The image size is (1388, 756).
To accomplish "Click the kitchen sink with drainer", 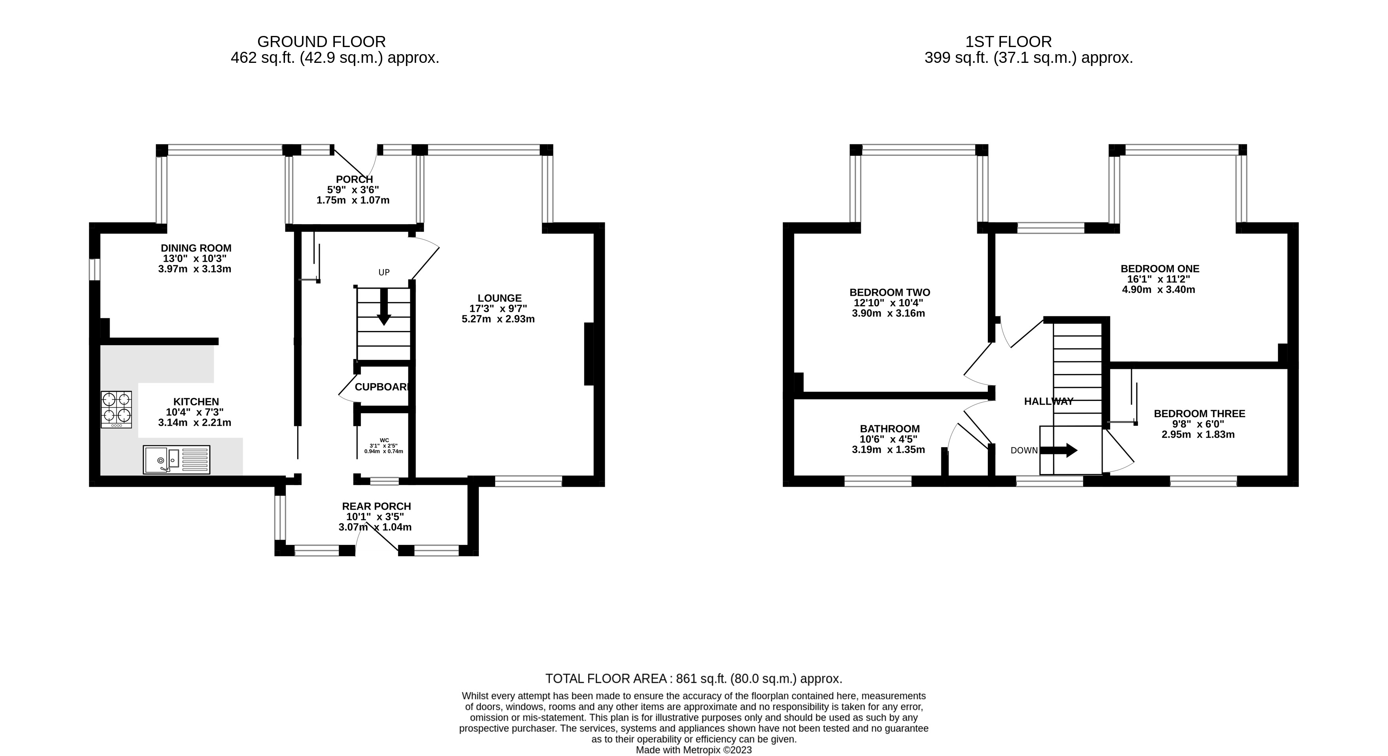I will coord(176,459).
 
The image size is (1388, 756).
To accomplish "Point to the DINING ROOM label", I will coord(196,248).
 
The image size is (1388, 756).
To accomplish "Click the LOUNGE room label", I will coord(499,298).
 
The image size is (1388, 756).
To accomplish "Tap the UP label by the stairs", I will coord(384,272).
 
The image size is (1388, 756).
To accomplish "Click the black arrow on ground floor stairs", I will coord(384,308).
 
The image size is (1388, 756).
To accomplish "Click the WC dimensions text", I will coord(384,448).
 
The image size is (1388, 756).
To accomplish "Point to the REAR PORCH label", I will coord(376,507).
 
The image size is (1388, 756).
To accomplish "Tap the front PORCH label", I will coord(354,179).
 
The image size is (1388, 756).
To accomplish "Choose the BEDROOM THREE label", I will coord(1200,414).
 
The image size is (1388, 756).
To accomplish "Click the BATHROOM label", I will coord(890,429).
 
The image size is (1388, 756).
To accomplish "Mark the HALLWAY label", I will coord(1048,401).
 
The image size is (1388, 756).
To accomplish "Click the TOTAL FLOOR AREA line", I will coord(693,679).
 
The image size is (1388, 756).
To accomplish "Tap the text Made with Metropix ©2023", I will coord(693,750).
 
